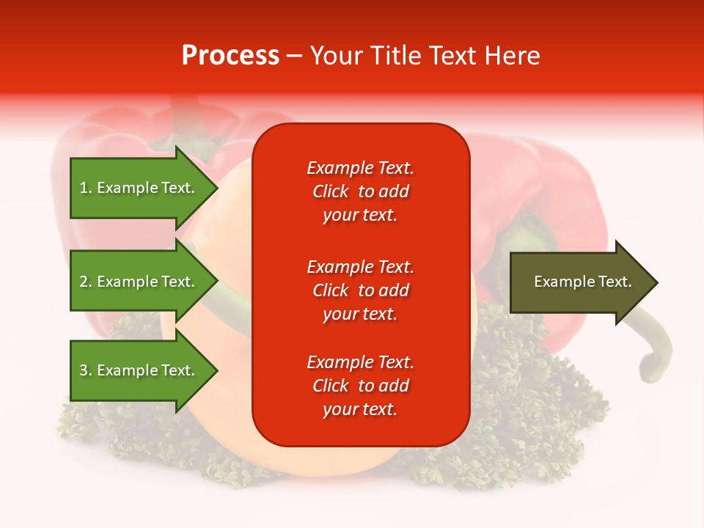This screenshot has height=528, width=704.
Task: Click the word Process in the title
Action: pyautogui.click(x=230, y=55)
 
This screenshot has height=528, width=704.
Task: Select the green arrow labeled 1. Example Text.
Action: pyautogui.click(x=139, y=188)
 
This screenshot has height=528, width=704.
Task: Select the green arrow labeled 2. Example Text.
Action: pyautogui.click(x=139, y=282)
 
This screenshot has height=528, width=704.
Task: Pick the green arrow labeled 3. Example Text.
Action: pyautogui.click(x=139, y=370)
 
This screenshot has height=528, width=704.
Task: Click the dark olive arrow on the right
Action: pyautogui.click(x=579, y=282)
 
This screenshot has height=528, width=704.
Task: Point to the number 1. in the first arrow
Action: pyautogui.click(x=86, y=188)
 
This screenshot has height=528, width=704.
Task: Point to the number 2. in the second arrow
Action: pyautogui.click(x=86, y=282)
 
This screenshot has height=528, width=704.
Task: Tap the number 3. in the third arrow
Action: pyautogui.click(x=86, y=370)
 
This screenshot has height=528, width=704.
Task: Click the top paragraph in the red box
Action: pyautogui.click(x=360, y=191)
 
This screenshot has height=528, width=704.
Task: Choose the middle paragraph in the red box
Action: pyautogui.click(x=360, y=290)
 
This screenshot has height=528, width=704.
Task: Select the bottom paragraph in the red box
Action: pyautogui.click(x=360, y=386)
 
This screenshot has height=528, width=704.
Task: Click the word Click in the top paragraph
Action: pyautogui.click(x=331, y=191)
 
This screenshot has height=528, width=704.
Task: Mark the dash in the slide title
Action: pyautogui.click(x=294, y=56)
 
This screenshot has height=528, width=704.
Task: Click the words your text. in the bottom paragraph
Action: pyautogui.click(x=360, y=409)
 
